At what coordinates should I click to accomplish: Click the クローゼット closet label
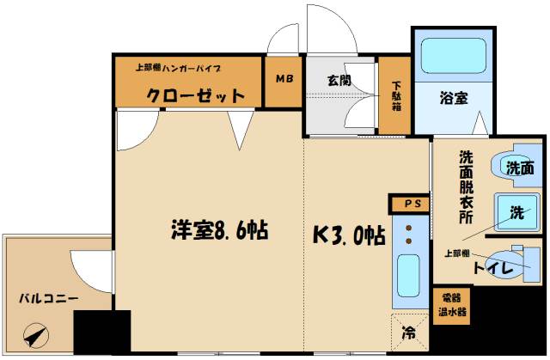pos(195,95)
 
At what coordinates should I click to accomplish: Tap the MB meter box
pos(284,79)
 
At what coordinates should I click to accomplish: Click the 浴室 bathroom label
pos(454,99)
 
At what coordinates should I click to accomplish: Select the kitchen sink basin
pos(407,277)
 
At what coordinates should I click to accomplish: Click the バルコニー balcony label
pos(49,298)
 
